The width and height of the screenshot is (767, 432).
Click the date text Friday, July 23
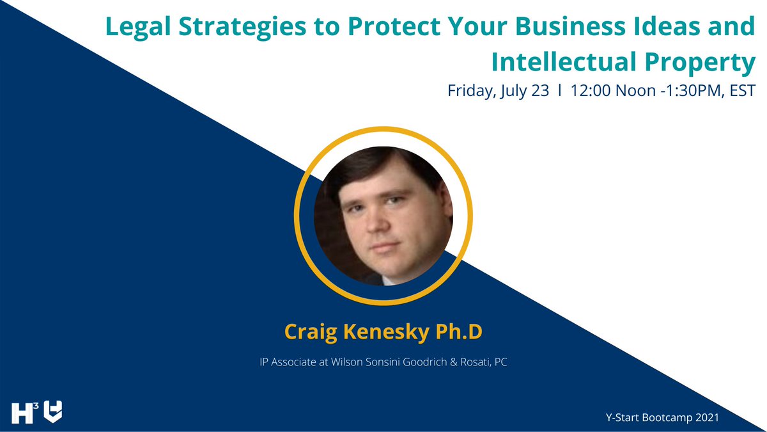coord(498,91)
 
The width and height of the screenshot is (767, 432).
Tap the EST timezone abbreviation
coord(742,91)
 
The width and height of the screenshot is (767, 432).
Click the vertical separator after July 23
coord(560,91)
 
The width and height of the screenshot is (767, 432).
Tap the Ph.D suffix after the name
coord(459,332)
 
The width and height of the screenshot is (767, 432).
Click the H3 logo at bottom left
coord(24,412)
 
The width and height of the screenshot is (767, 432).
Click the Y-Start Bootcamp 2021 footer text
coord(662,417)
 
